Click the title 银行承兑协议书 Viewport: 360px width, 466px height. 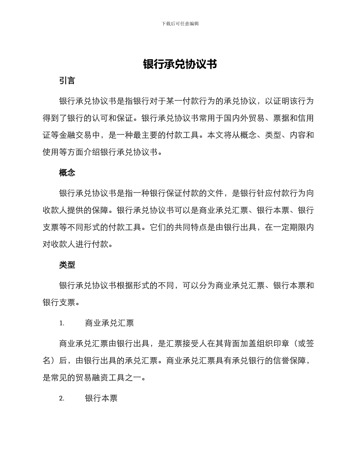[180, 64]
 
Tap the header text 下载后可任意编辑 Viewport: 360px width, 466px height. [180, 23]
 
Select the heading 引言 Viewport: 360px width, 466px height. [67, 81]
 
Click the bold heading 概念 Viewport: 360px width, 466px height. [67, 173]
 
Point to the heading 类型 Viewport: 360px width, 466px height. [67, 265]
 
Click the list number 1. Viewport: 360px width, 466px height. [62, 323]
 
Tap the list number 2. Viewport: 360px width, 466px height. [62, 398]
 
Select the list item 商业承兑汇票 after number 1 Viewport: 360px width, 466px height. [110, 323]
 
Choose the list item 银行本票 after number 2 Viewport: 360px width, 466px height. [101, 398]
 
